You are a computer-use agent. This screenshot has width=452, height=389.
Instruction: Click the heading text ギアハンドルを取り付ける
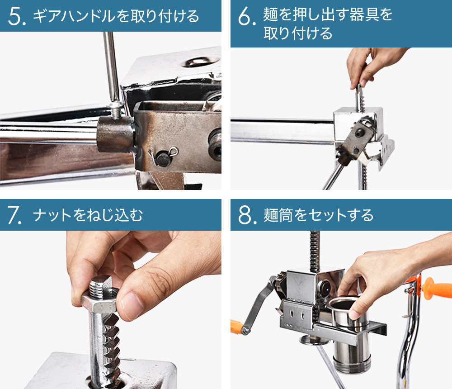pyautogui.click(x=116, y=16)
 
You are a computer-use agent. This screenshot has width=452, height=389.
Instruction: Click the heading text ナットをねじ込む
pyautogui.click(x=88, y=215)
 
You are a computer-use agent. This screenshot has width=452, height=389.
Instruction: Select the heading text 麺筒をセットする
pyautogui.click(x=319, y=215)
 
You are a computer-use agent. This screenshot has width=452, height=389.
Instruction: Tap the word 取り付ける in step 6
pyautogui.click(x=298, y=33)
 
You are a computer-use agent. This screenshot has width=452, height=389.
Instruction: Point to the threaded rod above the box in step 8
pyautogui.click(x=314, y=251)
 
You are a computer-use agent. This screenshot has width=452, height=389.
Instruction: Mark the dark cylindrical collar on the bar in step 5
pyautogui.click(x=115, y=134)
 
